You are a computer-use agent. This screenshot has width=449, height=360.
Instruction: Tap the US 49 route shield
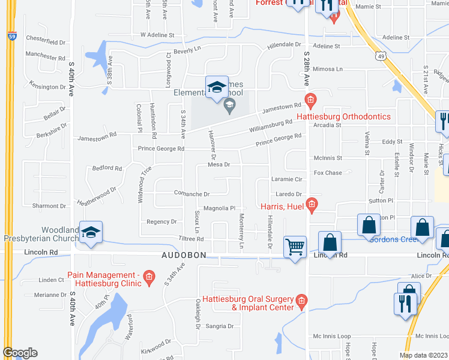pyautogui.click(x=379, y=56)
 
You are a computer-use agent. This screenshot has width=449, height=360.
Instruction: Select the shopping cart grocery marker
pyautogui.click(x=295, y=247)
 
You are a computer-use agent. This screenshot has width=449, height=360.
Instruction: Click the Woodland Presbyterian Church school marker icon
pyautogui.click(x=91, y=233)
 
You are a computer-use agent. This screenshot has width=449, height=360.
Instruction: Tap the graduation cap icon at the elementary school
pyautogui.click(x=217, y=88)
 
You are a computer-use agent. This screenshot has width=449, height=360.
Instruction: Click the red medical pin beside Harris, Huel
pyautogui.click(x=311, y=206)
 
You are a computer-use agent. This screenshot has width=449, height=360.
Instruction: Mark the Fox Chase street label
pyautogui.click(x=328, y=173)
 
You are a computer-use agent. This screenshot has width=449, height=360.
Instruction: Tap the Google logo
pyautogui.click(x=20, y=353)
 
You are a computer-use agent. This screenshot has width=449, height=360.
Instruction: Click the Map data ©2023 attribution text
pyautogui.click(x=423, y=355)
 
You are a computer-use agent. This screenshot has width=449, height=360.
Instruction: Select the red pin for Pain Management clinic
pyautogui.click(x=150, y=278)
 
